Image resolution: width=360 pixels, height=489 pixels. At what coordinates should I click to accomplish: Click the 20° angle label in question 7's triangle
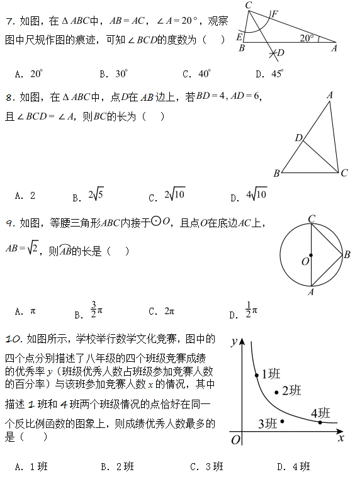click(307, 38)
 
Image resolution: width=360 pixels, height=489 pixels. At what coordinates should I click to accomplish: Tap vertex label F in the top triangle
click(274, 13)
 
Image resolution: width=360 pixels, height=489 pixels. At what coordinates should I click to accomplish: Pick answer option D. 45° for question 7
click(269, 74)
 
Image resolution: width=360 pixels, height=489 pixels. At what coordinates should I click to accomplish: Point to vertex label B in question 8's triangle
click(276, 173)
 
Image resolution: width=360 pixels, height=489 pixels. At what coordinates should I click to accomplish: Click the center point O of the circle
click(312, 255)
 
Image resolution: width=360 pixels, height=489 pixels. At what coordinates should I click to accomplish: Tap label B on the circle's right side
click(347, 254)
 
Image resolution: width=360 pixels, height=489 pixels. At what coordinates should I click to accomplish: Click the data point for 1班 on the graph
click(257, 376)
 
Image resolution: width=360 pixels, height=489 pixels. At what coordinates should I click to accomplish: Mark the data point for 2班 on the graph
click(276, 393)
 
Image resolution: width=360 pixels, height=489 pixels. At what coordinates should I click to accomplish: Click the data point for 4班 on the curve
click(320, 422)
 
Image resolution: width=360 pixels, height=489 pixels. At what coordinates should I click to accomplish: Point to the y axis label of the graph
click(233, 342)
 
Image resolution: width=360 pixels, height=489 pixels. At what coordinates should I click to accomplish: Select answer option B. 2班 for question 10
click(117, 466)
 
